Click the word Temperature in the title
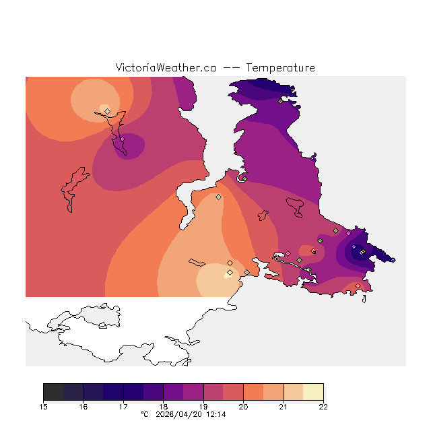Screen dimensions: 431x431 (280, 68)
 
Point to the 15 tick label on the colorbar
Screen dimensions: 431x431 (44, 407)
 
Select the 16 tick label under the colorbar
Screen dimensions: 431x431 (84, 407)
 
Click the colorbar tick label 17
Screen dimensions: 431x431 (123, 407)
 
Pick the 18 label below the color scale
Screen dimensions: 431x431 (164, 407)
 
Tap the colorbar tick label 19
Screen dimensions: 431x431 (203, 407)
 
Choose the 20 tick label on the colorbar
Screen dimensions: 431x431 (243, 407)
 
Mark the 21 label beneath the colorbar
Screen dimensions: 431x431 (284, 407)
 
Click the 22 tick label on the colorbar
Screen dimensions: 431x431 (323, 407)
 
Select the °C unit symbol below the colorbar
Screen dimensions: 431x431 (144, 415)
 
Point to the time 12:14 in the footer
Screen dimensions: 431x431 (215, 415)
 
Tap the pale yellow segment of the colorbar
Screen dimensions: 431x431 (313, 392)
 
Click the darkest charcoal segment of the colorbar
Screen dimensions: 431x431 (53, 392)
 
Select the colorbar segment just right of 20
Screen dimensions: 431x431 (253, 392)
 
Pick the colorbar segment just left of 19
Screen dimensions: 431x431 (193, 392)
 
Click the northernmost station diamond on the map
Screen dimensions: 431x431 (281, 102)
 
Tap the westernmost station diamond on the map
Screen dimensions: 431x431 (108, 111)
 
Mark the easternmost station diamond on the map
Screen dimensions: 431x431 (393, 260)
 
